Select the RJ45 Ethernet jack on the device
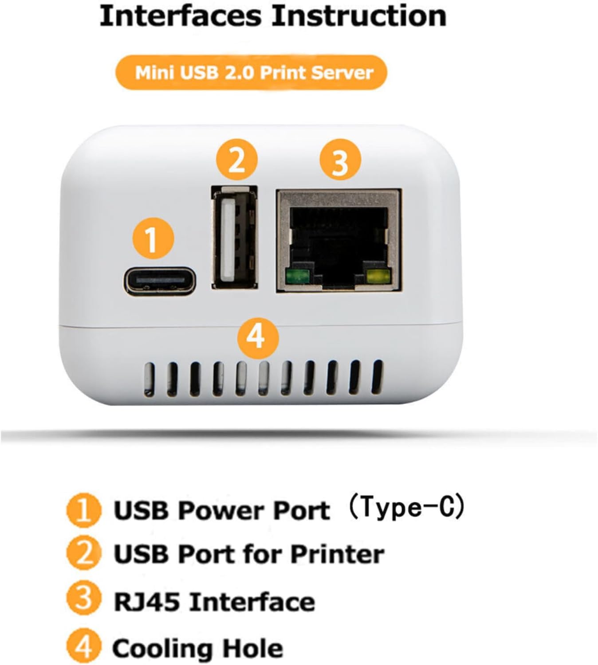coord(339,241)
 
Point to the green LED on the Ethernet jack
coord(298,277)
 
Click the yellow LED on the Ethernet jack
coord(378,277)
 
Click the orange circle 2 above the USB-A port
coord(236,160)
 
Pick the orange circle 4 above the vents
coord(257,337)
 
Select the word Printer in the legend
coord(337,554)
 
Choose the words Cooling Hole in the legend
coord(198,649)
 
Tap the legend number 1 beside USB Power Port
coord(83,510)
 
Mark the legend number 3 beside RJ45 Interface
coord(83,600)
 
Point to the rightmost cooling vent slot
coord(377,377)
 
